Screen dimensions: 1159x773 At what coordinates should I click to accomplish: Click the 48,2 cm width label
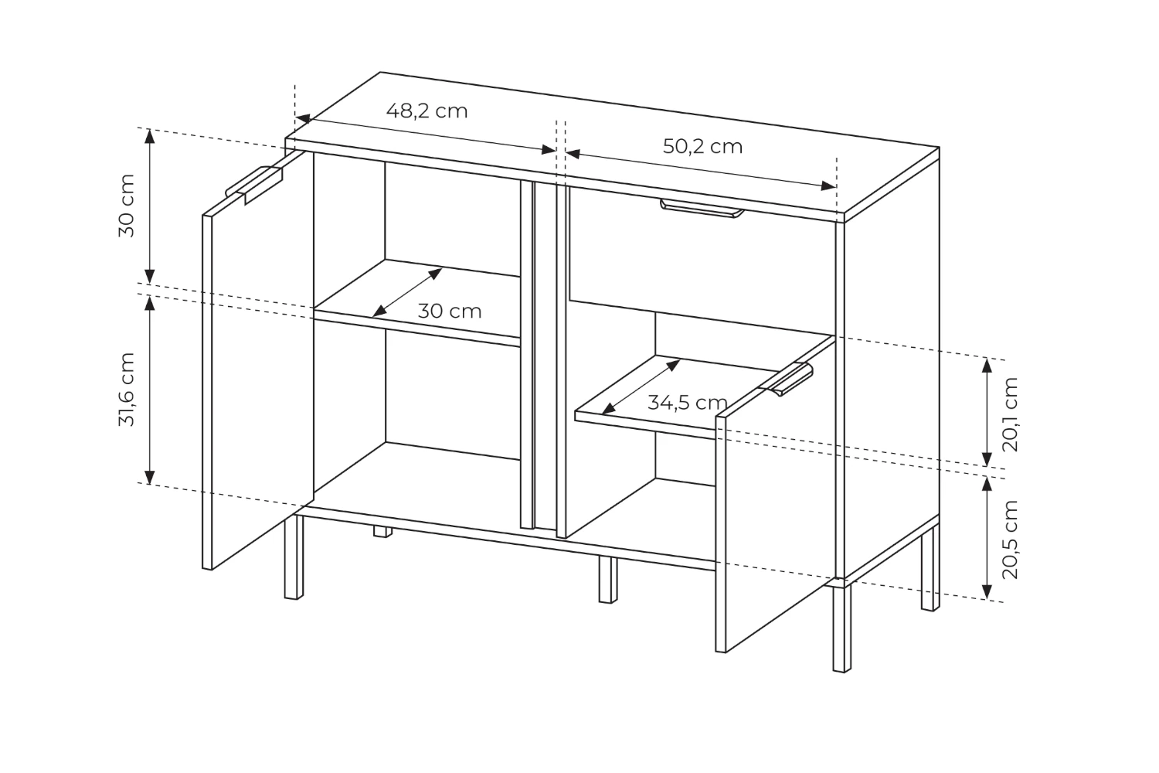coord(427,111)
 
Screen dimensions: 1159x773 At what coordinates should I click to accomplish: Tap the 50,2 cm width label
coord(702,147)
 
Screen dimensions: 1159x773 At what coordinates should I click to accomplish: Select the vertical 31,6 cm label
coord(127,390)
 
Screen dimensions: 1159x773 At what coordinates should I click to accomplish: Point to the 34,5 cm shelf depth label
coord(688,402)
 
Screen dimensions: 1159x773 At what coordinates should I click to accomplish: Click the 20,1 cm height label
coord(1010,414)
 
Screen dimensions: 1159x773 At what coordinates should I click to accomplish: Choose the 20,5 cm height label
coord(1010,540)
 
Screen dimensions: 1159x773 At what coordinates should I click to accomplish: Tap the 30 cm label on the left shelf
coord(450,312)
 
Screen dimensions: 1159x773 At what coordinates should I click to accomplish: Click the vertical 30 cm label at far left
coord(127,206)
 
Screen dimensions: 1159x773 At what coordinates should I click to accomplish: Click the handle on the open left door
coord(254,184)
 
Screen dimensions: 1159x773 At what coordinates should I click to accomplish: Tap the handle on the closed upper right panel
coord(702,208)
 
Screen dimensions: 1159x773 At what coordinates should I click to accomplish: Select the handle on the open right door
coord(787,379)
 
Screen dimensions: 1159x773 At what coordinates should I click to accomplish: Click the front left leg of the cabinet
coord(294,557)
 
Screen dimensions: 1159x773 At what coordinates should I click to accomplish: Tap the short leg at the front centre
coord(608,579)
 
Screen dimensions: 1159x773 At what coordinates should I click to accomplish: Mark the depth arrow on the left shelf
coord(407,292)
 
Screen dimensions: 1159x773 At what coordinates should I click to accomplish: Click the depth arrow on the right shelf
coord(641,386)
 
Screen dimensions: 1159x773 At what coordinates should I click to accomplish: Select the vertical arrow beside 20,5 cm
coord(987,539)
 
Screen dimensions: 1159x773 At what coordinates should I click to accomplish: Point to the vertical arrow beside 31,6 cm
coord(150,390)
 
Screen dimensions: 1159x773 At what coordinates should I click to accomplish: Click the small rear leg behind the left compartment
coord(383,532)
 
